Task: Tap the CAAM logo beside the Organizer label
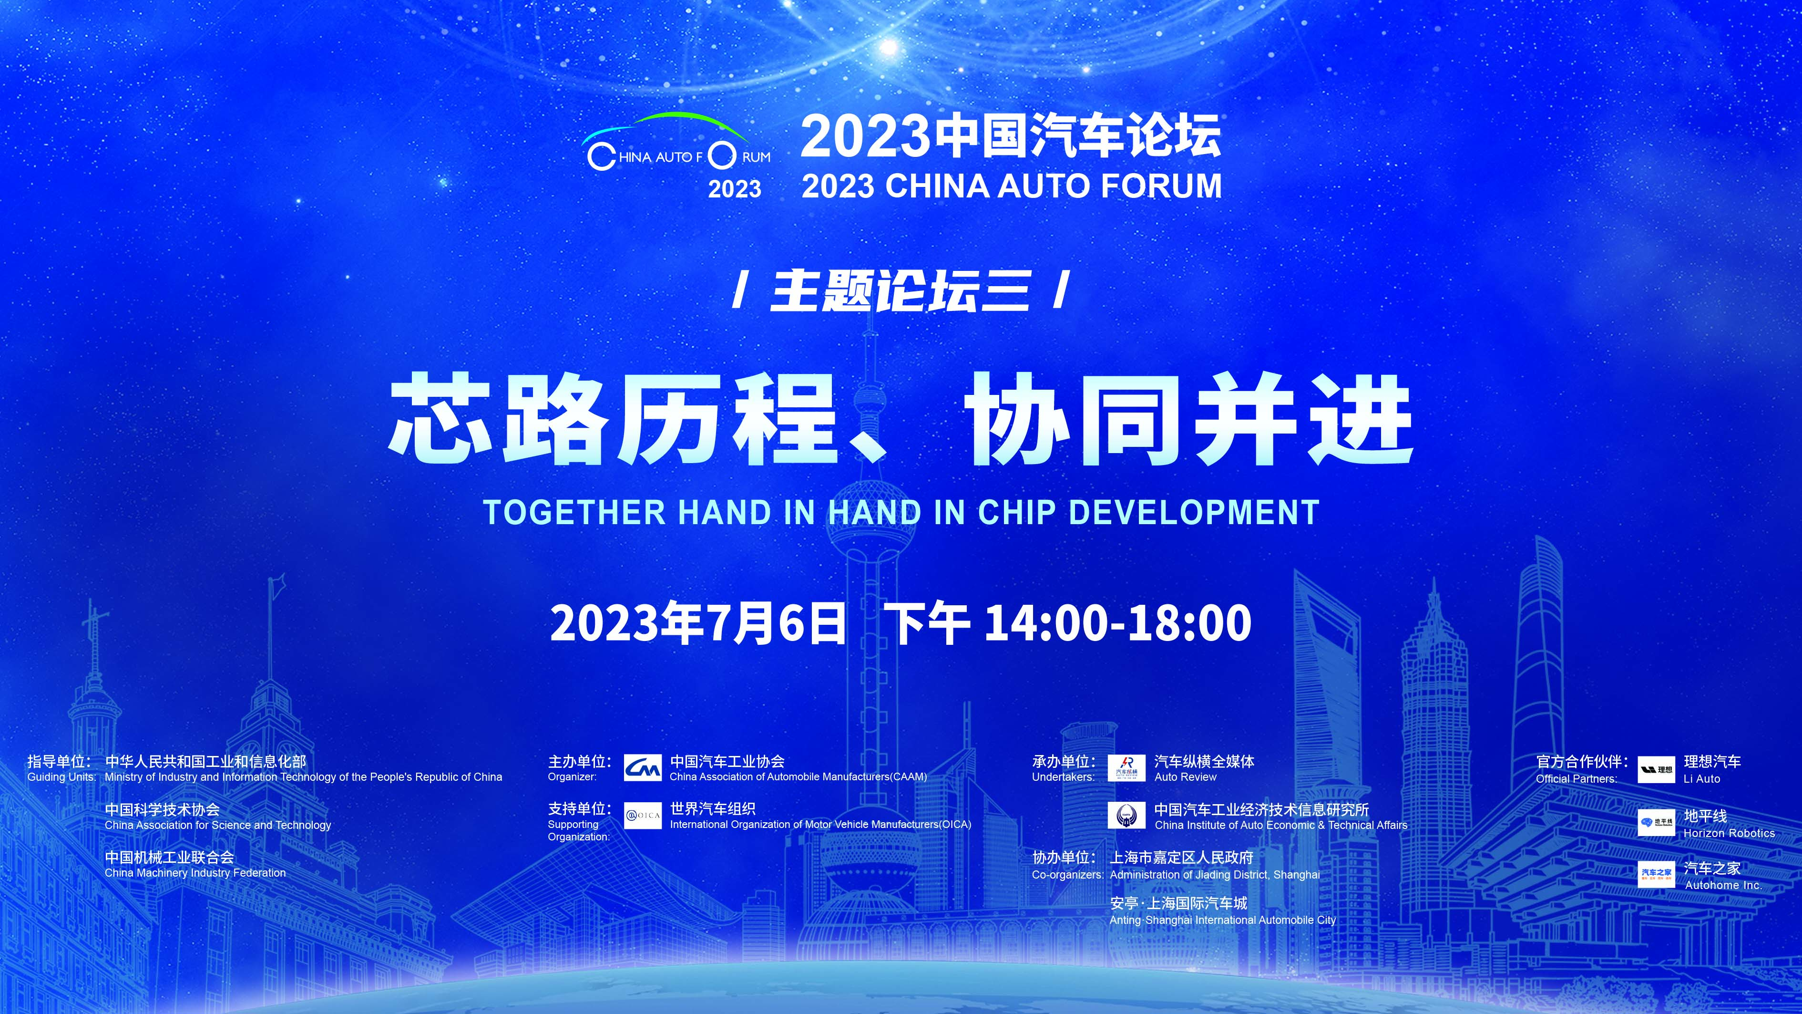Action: [642, 768]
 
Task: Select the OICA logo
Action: [642, 815]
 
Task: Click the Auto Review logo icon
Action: [1126, 768]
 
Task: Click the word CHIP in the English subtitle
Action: [1016, 512]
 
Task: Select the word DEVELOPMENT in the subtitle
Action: [1194, 512]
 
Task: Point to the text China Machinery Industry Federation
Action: [195, 873]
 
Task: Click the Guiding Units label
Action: [61, 777]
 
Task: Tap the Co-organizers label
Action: [1067, 875]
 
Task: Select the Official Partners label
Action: [1577, 779]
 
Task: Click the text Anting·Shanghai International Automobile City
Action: [1223, 920]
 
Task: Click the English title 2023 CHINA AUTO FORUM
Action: [1012, 186]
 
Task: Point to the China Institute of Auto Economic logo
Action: [1126, 815]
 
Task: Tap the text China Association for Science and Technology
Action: [217, 825]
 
